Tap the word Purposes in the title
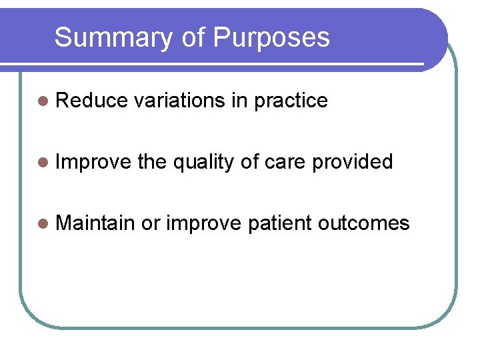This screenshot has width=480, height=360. pos(271,38)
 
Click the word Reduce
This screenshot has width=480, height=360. pos(92,101)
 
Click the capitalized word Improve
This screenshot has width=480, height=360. pos(93,162)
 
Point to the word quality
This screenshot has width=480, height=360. pos(203,163)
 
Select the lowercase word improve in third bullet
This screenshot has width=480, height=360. pos(203,223)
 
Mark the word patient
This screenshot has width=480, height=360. pos(279,223)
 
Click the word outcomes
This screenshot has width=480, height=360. pos(364,223)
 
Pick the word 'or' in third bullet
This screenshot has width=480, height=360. pos(151,223)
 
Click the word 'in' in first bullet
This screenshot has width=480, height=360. pos(238,101)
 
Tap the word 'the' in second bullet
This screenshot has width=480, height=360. pos(153,162)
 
